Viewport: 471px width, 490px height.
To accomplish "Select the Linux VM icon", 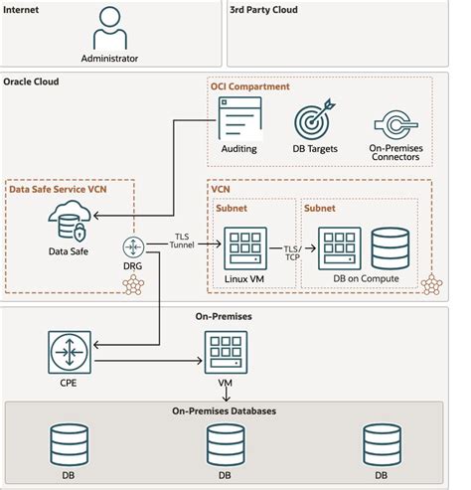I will (242, 247).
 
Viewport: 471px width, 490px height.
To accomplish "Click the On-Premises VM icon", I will (226, 351).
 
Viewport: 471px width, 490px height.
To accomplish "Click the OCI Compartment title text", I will (250, 86).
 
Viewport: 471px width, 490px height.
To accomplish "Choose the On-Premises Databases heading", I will (226, 410).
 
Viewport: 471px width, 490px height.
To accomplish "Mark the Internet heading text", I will (24, 11).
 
